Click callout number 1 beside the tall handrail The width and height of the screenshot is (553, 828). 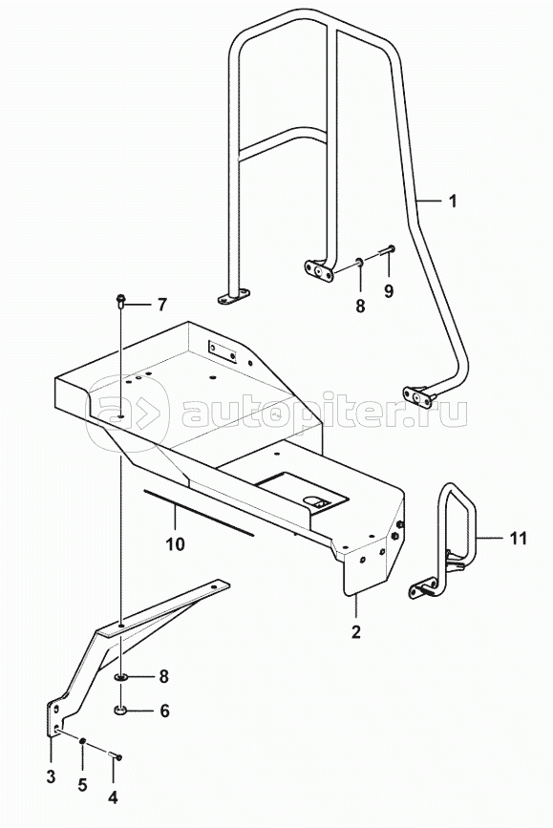tap(452, 202)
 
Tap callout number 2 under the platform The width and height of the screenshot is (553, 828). tap(356, 631)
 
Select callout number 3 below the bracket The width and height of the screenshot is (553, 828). tap(51, 776)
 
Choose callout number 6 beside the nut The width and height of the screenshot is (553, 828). tap(164, 711)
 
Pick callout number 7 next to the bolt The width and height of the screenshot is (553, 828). tap(161, 305)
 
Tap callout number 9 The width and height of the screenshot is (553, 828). tap(389, 291)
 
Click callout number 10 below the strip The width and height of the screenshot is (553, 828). tap(176, 543)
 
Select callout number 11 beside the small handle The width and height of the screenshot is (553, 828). tap(519, 538)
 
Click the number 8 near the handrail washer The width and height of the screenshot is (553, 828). tap(360, 306)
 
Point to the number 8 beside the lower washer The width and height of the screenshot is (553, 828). tap(163, 676)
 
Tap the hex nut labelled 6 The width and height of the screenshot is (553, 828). tap(121, 711)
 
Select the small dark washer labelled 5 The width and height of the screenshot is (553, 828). tap(83, 742)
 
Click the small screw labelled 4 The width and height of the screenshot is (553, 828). tap(116, 755)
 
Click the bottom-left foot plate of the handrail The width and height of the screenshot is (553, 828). tap(234, 296)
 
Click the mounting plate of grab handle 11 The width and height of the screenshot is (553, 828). tap(422, 589)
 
